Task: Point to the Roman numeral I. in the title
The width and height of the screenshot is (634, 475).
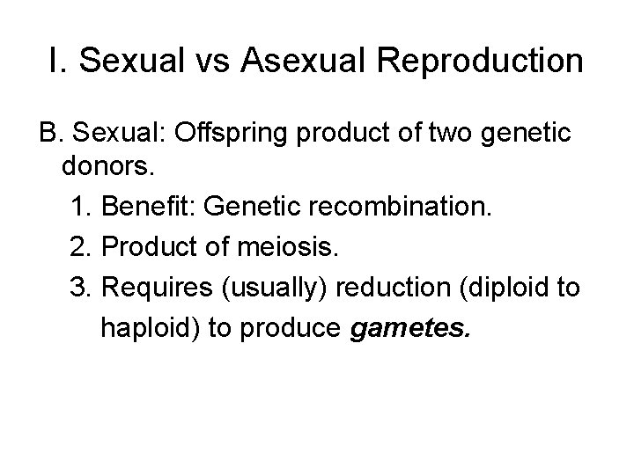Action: pos(59,62)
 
